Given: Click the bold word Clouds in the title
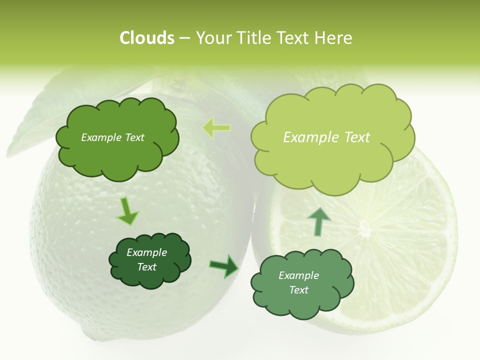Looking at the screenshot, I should (146, 38).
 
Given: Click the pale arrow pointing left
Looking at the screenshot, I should (216, 128).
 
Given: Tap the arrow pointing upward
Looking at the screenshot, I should (318, 221).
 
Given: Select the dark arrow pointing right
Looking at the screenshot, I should (224, 265).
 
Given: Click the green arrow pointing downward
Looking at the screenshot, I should (127, 211).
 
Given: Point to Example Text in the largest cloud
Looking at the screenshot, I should (326, 137).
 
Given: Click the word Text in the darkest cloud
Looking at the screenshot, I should (147, 267).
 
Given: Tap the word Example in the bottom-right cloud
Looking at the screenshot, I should (298, 275).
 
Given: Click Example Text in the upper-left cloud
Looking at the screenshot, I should (112, 137).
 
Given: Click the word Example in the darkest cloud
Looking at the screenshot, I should (147, 252).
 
